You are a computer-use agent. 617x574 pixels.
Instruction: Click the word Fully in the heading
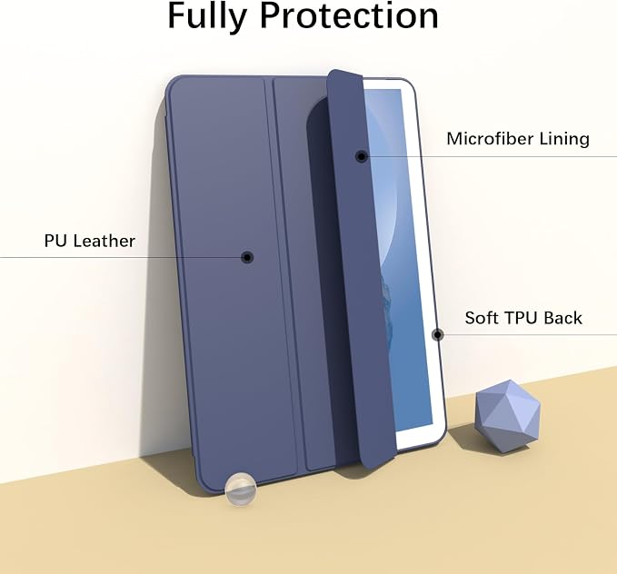click(x=207, y=16)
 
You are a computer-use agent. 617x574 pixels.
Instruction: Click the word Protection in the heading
click(x=350, y=15)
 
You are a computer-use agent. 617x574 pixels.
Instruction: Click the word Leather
click(x=104, y=241)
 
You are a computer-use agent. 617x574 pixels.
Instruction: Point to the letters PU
click(x=55, y=241)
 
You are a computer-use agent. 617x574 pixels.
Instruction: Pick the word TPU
click(x=522, y=318)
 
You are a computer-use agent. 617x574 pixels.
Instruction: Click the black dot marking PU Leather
click(x=247, y=257)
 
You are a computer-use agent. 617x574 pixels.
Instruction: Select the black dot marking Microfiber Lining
click(x=362, y=156)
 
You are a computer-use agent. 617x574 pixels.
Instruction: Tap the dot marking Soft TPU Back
click(x=438, y=335)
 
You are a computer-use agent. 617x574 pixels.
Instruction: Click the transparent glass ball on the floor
click(x=241, y=489)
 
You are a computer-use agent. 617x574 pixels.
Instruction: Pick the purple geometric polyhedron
click(x=508, y=416)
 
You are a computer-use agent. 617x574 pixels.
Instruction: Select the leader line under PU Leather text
click(x=121, y=258)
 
